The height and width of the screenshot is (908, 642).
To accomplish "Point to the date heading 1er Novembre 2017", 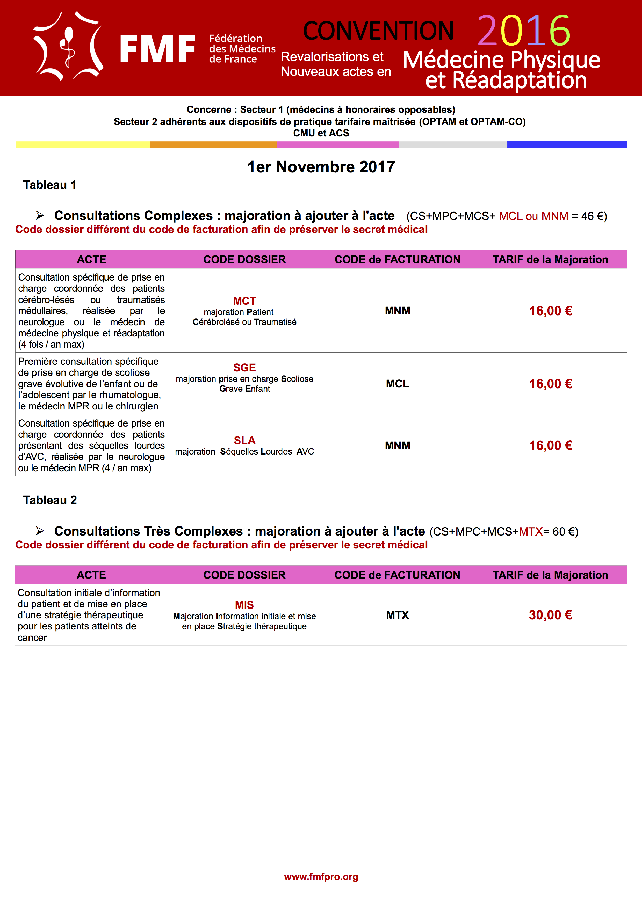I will [321, 167].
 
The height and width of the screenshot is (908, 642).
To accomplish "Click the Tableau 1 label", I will [49, 185].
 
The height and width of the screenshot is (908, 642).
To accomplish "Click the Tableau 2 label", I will [50, 500].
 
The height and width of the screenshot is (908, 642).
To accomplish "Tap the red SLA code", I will [244, 440].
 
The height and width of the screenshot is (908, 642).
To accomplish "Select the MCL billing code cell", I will [398, 384].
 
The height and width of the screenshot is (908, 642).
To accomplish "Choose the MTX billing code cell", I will [398, 615].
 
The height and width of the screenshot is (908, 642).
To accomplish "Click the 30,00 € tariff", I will [550, 615].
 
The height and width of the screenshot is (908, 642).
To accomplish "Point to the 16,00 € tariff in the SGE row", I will [550, 384].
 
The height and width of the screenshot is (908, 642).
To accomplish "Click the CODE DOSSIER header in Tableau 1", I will [244, 259].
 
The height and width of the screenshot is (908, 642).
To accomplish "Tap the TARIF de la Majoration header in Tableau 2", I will [550, 575].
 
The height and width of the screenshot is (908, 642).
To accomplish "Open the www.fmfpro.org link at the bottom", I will [321, 877].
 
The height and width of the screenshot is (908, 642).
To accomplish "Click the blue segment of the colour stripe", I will [567, 144].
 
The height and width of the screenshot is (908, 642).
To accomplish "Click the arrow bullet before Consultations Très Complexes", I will [40, 531].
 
